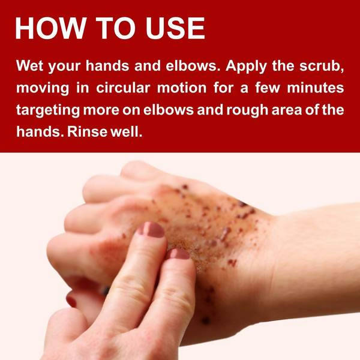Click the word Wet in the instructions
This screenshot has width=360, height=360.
[29, 65]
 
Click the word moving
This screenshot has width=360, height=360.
[43, 88]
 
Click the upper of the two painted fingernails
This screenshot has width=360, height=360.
[151, 229]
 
